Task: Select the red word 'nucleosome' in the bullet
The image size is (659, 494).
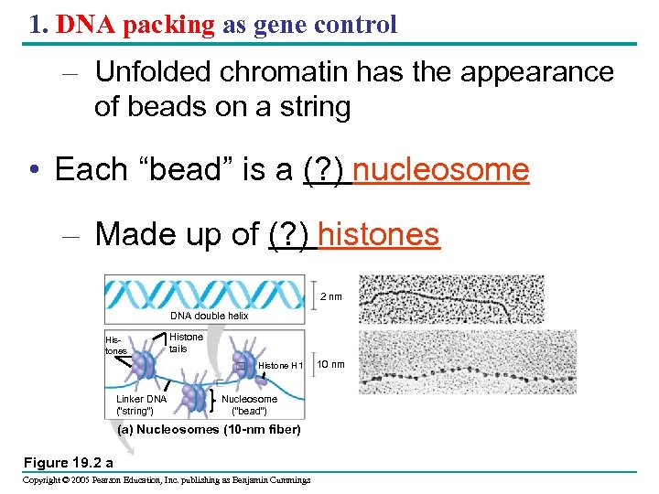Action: [x=440, y=169]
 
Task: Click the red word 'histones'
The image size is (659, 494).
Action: [x=378, y=234]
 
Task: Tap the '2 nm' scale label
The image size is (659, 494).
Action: [x=331, y=296]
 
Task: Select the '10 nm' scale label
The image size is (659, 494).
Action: [x=330, y=365]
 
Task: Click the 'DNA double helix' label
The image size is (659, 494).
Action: [x=209, y=316]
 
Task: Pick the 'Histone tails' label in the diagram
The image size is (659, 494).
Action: [x=187, y=342]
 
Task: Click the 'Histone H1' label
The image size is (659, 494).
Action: [x=280, y=366]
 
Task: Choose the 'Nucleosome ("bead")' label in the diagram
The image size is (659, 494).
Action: [x=249, y=404]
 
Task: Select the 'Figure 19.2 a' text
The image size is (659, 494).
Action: [x=69, y=462]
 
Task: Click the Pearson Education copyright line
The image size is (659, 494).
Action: [x=167, y=479]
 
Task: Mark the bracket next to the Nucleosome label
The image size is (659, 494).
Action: [x=212, y=400]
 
